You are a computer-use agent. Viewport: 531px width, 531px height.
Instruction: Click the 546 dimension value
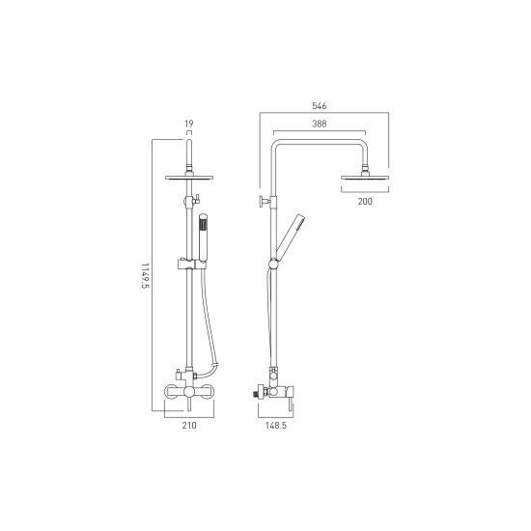click(319, 106)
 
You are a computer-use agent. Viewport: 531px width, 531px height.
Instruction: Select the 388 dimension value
click(320, 124)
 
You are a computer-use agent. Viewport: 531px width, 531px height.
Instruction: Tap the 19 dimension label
click(189, 124)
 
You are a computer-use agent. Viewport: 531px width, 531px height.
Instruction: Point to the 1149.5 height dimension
click(145, 276)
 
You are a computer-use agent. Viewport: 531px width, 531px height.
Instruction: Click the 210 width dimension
click(189, 426)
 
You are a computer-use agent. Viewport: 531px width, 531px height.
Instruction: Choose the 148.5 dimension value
click(276, 426)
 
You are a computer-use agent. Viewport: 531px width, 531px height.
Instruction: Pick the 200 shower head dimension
click(365, 202)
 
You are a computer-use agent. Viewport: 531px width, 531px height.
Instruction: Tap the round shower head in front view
click(189, 177)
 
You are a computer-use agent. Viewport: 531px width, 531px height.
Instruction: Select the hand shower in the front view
click(203, 238)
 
